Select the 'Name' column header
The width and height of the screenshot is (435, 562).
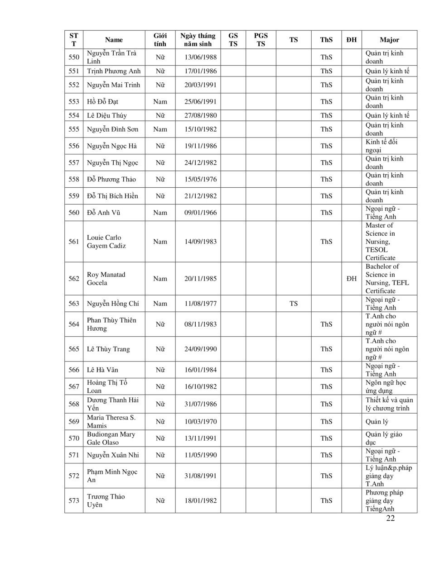114,40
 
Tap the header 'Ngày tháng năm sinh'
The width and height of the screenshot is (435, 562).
198,40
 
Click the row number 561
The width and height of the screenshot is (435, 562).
74,242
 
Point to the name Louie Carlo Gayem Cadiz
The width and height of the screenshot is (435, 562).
106,242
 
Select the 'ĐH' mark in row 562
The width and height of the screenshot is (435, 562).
352,279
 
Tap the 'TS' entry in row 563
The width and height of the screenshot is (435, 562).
294,304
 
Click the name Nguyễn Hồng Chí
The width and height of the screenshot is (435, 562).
113,304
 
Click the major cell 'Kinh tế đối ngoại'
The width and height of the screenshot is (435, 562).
382,146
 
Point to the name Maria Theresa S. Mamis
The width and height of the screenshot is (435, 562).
111,422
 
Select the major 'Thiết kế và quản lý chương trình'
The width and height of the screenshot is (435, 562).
389,404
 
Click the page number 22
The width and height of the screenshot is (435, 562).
390,519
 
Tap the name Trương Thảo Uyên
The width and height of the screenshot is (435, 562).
106,501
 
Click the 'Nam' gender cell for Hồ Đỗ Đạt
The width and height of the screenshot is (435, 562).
160,102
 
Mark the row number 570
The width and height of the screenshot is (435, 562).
74,438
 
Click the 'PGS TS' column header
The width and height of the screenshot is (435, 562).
261,40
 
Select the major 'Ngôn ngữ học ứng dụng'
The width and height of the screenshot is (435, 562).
386,387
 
